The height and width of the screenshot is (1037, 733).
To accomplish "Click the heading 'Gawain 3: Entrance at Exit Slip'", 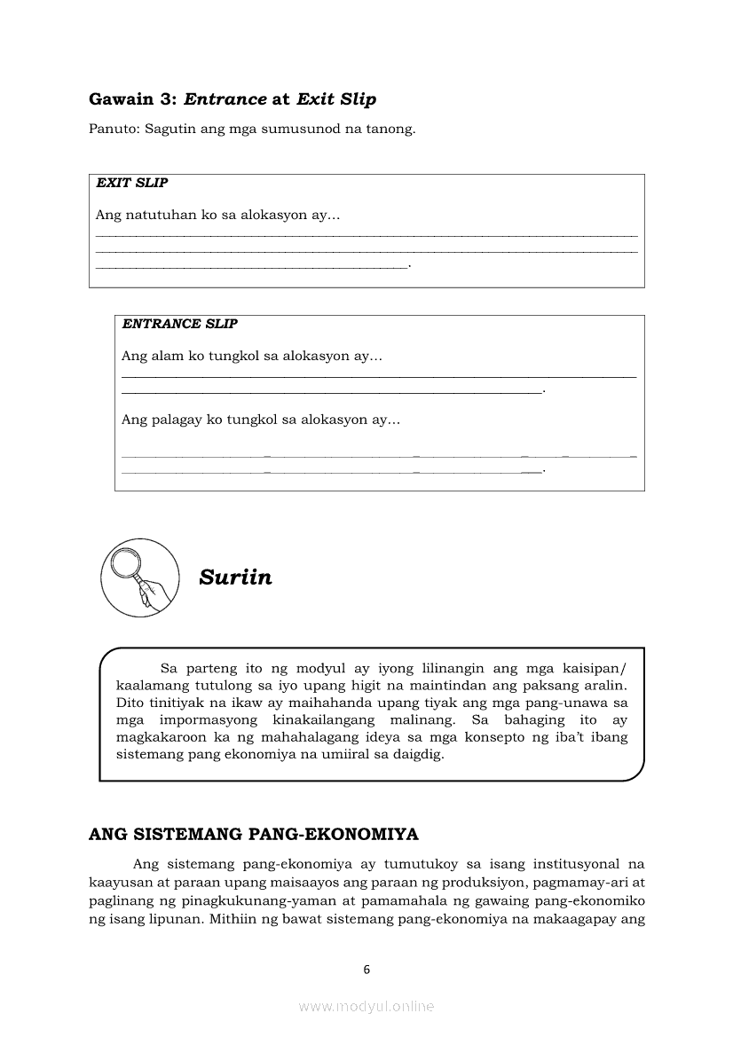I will pyautogui.click(x=233, y=99).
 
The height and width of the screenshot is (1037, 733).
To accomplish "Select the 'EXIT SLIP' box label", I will pyautogui.click(x=132, y=184).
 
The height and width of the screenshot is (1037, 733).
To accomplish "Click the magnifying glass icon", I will pyautogui.click(x=140, y=577).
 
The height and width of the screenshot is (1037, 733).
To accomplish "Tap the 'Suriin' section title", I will pyautogui.click(x=236, y=577).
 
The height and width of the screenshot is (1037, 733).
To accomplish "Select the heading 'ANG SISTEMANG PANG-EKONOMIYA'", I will pyautogui.click(x=254, y=834).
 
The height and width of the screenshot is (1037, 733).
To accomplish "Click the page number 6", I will pyautogui.click(x=366, y=970).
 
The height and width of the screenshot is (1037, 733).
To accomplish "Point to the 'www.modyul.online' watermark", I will pyautogui.click(x=366, y=1007).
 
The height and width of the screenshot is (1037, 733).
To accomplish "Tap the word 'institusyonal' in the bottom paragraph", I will pyautogui.click(x=571, y=863).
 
